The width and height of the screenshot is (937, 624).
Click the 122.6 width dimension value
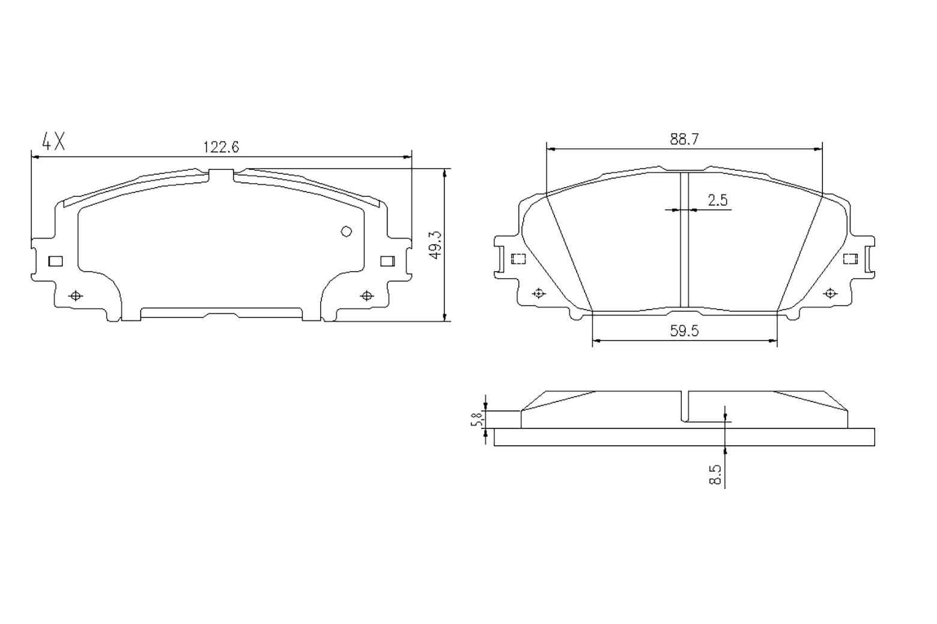click(x=221, y=147)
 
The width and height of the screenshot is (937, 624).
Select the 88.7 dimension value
click(x=684, y=139)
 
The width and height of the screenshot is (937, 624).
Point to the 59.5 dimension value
click(x=684, y=331)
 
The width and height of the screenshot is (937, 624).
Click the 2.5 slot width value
click(x=717, y=200)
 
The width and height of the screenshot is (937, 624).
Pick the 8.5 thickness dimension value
click(x=715, y=473)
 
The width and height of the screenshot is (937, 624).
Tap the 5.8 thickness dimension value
click(x=476, y=419)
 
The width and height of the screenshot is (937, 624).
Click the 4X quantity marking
click(x=53, y=142)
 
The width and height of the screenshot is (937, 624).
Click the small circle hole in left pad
click(x=346, y=231)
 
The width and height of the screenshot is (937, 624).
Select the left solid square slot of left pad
click(x=55, y=261)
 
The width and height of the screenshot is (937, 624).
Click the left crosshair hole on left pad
click(x=76, y=296)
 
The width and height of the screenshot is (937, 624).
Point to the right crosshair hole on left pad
click(x=366, y=296)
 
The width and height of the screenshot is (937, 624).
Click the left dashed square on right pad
click(x=518, y=259)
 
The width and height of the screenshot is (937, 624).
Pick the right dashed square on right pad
click(x=850, y=259)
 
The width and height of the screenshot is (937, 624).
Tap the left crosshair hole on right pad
click(x=539, y=293)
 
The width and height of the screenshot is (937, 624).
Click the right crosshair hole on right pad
click(x=830, y=293)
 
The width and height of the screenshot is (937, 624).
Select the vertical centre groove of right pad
click(x=684, y=240)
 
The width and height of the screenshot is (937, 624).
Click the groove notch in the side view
click(x=685, y=407)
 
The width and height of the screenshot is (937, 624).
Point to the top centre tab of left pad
click(x=221, y=174)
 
